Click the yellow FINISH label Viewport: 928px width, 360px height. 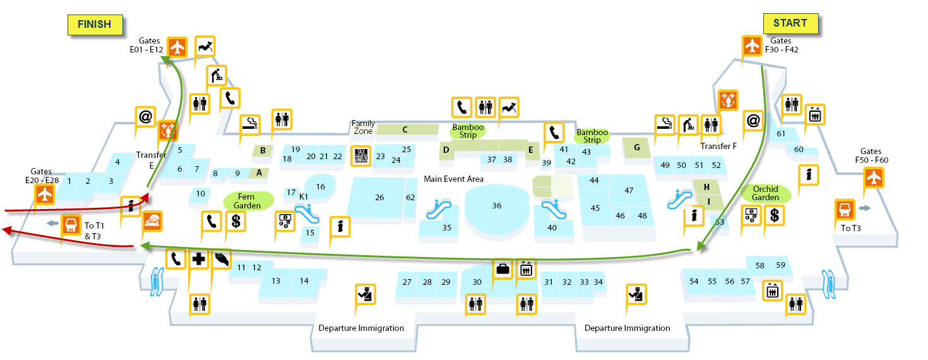click(x=94, y=25)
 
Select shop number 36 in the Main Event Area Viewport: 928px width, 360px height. click(x=497, y=206)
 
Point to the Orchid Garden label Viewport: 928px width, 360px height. click(x=765, y=193)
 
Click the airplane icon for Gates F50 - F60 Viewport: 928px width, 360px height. click(x=874, y=178)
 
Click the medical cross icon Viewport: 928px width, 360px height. click(x=199, y=260)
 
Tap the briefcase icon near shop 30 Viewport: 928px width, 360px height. click(x=503, y=268)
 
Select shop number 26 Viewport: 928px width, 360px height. click(x=379, y=198)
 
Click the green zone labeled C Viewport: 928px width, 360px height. click(x=406, y=129)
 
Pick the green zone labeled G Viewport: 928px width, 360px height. click(x=636, y=148)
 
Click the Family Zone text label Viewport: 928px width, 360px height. click(x=363, y=127)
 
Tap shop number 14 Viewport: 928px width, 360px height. click(x=304, y=280)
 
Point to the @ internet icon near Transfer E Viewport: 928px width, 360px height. click(x=145, y=117)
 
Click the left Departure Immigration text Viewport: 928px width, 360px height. click(x=361, y=328)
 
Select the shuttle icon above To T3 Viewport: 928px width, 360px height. click(x=845, y=209)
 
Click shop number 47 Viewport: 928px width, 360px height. click(x=629, y=190)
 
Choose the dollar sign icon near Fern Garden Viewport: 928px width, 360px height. click(x=236, y=221)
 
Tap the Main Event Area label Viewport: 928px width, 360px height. click(x=453, y=179)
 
